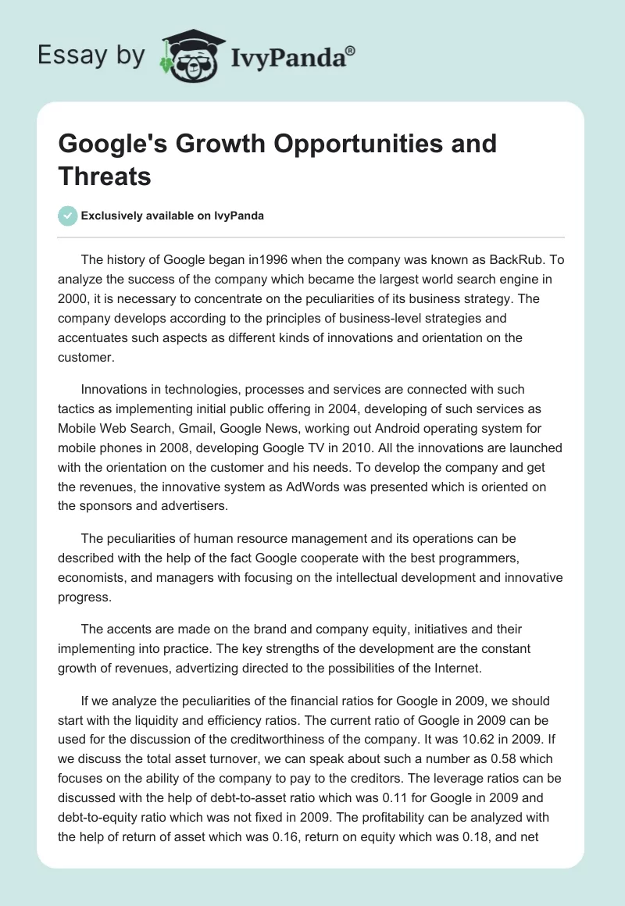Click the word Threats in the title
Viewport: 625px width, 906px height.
pyautogui.click(x=105, y=176)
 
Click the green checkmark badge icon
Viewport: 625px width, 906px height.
pyautogui.click(x=68, y=216)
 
